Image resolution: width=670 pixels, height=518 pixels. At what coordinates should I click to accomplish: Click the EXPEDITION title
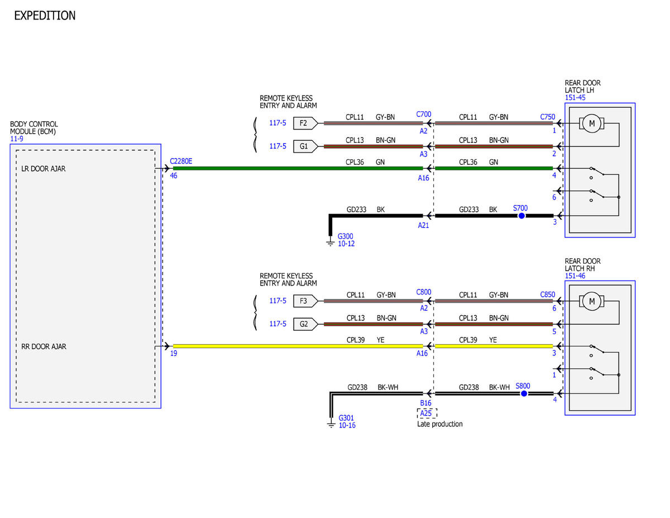[x=45, y=16]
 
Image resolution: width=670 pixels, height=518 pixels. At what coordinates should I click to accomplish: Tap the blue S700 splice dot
[x=521, y=216]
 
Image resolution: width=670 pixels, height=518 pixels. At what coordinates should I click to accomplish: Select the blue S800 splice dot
[x=524, y=393]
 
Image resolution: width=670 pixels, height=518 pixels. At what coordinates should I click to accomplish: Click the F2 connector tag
[x=305, y=123]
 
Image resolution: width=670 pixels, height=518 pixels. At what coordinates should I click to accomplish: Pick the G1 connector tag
[x=305, y=146]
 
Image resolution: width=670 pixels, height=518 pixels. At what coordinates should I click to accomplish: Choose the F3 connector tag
[x=305, y=301]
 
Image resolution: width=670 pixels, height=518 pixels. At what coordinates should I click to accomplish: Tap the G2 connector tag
[x=305, y=324]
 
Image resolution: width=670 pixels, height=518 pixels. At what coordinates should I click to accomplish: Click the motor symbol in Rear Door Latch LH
[x=592, y=123]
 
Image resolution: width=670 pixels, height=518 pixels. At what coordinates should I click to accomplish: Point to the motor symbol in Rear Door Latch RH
[x=592, y=301]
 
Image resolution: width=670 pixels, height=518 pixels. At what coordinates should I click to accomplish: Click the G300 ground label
[x=345, y=236]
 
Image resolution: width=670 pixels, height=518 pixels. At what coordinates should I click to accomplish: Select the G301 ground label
[x=346, y=418]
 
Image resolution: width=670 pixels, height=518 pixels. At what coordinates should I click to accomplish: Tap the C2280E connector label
[x=181, y=161]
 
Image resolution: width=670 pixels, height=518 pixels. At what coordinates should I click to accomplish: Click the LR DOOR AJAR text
[x=44, y=169]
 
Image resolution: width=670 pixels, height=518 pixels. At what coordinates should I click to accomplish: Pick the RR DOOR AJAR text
[x=44, y=346]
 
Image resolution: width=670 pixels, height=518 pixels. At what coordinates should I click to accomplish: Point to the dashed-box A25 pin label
[x=427, y=413]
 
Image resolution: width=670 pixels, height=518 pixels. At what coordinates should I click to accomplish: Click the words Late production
[x=439, y=424]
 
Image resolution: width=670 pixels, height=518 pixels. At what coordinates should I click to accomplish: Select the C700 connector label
[x=424, y=114]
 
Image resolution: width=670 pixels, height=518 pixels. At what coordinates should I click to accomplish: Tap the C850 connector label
[x=548, y=294]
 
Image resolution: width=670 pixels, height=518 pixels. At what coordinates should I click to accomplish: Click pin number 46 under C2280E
[x=174, y=175]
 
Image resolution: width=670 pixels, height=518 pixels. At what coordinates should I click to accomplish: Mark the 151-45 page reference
[x=575, y=97]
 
